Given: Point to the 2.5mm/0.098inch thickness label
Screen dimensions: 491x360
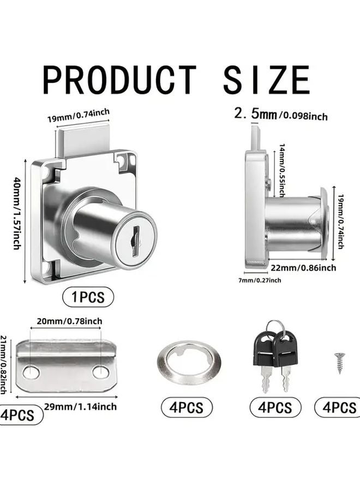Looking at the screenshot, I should click(x=280, y=115).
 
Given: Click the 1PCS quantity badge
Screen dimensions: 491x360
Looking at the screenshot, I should click(x=88, y=297).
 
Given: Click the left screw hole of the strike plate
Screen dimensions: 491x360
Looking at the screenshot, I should click(x=32, y=373).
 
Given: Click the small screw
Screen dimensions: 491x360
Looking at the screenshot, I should click(x=339, y=362).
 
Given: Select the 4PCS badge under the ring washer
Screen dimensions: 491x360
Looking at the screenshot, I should click(x=186, y=407).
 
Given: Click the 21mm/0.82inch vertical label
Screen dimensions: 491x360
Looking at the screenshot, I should click(x=4, y=364).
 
